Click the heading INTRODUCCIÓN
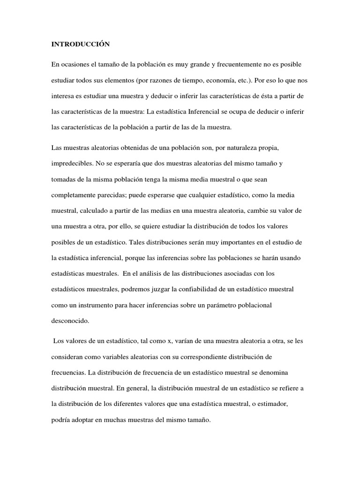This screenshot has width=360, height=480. (80, 44)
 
